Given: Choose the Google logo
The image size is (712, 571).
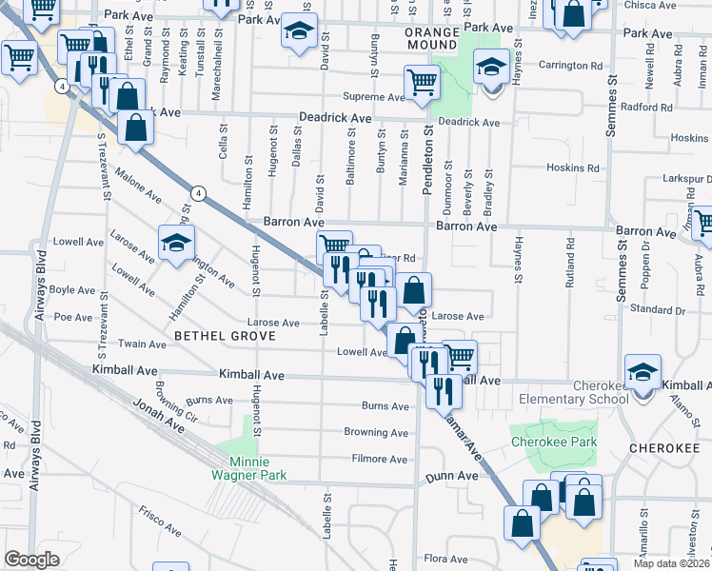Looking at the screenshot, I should point(31,560).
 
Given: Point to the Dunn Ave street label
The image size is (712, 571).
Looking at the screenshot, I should point(451,475).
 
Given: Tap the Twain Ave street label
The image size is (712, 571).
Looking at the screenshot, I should point(142,343).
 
